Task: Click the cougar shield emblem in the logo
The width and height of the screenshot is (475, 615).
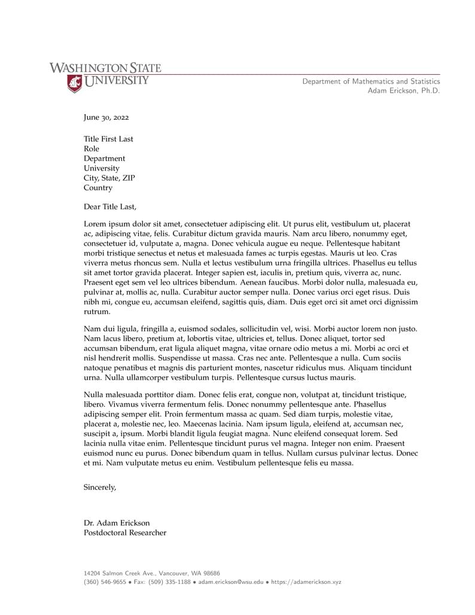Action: click(x=74, y=84)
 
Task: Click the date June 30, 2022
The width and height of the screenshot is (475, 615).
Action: click(x=106, y=118)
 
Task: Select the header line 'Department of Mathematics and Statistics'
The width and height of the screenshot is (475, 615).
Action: click(x=371, y=81)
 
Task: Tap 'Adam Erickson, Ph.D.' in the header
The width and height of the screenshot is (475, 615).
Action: click(x=403, y=91)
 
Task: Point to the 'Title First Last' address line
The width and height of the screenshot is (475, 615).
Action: click(x=108, y=139)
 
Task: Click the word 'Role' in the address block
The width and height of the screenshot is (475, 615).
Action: click(x=92, y=148)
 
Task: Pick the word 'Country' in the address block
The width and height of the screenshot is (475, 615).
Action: click(x=98, y=188)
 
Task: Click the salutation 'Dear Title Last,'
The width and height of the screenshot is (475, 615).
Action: click(x=110, y=207)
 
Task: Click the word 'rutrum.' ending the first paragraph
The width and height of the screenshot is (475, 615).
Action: click(x=97, y=312)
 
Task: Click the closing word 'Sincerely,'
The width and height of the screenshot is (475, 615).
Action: click(x=100, y=488)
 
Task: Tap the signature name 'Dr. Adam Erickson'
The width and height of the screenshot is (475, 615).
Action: click(x=117, y=523)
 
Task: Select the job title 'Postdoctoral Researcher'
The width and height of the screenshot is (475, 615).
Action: click(x=125, y=532)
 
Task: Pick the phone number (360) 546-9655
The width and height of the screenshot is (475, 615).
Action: click(x=105, y=581)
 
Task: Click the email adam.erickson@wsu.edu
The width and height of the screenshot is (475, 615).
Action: click(x=230, y=581)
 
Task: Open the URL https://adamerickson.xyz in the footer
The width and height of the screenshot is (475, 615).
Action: click(x=306, y=581)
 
